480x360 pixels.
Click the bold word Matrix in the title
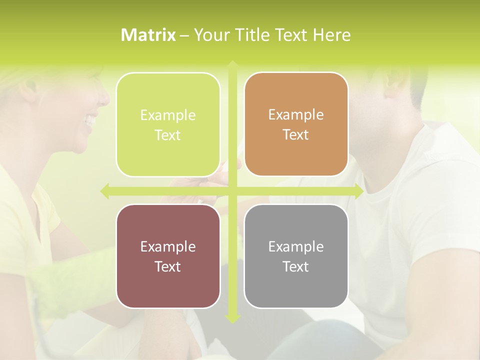pos(148,35)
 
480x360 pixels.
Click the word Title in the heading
pos(252,35)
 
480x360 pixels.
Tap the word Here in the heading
pos(332,35)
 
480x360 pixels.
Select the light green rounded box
pos(168,124)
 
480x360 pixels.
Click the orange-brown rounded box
pos(296,124)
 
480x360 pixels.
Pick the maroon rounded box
pos(168,256)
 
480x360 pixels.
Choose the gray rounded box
pos(296,256)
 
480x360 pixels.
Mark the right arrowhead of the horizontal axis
pos(358,191)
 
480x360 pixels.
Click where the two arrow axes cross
pos(232,191)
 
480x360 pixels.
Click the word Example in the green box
pos(168,115)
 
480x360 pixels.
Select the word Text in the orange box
pos(296,134)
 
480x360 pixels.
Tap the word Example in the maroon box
pos(168,247)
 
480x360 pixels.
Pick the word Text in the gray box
pos(296,266)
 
